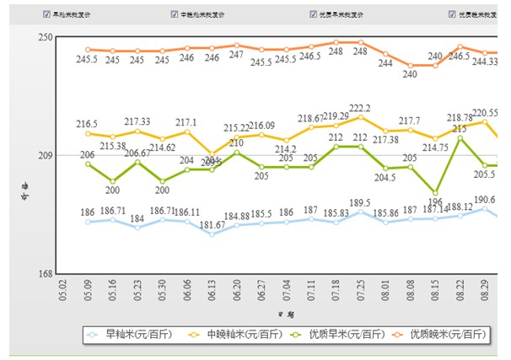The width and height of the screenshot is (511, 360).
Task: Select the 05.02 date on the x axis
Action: click(x=63, y=292)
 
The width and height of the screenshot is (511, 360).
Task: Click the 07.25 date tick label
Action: click(x=361, y=292)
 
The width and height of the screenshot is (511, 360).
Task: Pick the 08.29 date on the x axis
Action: click(x=485, y=292)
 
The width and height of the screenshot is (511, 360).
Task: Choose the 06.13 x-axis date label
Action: click(x=212, y=292)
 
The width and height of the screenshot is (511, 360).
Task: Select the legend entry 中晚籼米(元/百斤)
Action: click(x=233, y=335)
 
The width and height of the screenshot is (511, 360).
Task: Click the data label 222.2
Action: click(x=360, y=109)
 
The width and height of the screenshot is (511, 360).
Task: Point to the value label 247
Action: click(x=237, y=55)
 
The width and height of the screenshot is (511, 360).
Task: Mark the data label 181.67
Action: click(x=212, y=224)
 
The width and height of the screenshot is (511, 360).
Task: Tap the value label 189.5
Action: click(x=360, y=202)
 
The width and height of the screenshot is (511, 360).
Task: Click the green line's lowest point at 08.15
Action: click(x=435, y=193)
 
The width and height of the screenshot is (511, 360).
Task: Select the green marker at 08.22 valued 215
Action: click(x=460, y=138)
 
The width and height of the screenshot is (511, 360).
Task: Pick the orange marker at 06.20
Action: click(x=237, y=45)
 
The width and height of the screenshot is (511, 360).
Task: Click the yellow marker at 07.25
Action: click(x=361, y=117)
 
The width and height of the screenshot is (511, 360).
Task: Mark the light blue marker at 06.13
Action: click(x=212, y=234)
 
